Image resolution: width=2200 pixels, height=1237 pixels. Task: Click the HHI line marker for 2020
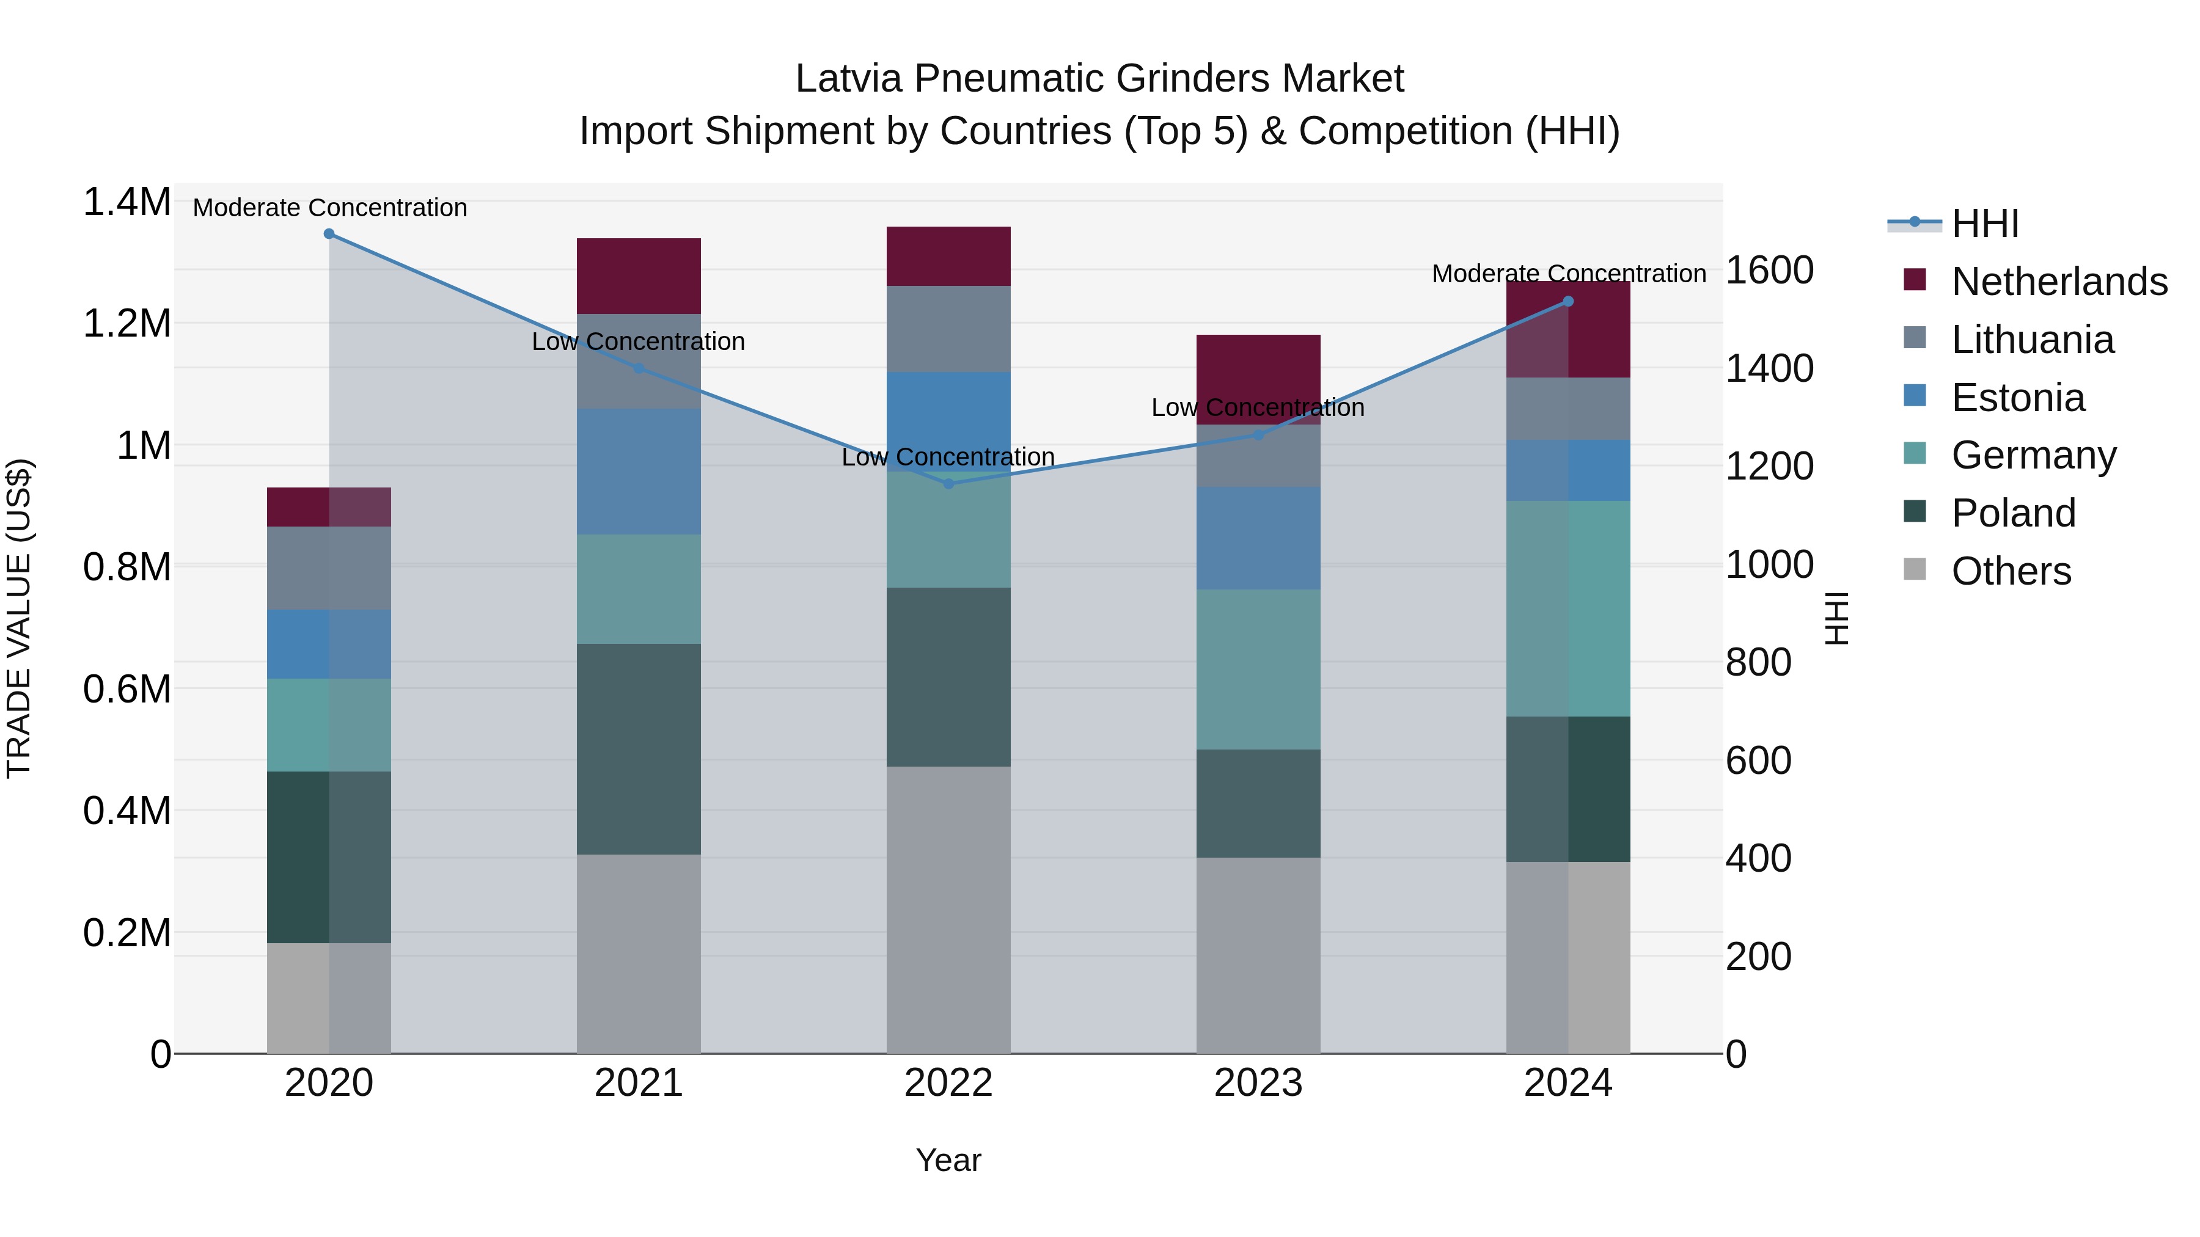click(x=329, y=234)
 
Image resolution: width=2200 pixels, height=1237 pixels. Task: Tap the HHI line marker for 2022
click(x=948, y=484)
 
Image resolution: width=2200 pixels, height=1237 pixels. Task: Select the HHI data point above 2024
click(x=1568, y=301)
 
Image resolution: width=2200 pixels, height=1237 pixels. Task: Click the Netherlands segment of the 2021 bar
click(x=639, y=275)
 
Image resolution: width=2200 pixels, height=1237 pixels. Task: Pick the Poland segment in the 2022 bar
click(x=948, y=677)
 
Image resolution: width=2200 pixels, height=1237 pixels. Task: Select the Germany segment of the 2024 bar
click(x=1568, y=608)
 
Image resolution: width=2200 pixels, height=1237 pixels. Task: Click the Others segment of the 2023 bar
click(x=1258, y=955)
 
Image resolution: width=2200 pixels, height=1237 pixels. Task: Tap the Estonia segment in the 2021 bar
click(x=639, y=471)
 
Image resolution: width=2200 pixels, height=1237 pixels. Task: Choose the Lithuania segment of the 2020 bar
click(x=329, y=567)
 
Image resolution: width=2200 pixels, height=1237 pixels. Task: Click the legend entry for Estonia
click(x=2017, y=398)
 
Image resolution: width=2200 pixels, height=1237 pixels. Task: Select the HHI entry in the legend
click(x=1985, y=224)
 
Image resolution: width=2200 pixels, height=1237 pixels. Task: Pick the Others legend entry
click(x=2011, y=571)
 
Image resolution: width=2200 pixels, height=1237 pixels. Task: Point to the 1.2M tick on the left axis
click(x=127, y=324)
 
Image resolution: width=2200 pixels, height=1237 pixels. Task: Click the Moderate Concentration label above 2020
click(x=329, y=208)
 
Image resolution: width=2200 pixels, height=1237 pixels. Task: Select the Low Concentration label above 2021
click(x=638, y=341)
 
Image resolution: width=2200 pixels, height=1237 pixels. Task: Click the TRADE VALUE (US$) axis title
click(x=19, y=618)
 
